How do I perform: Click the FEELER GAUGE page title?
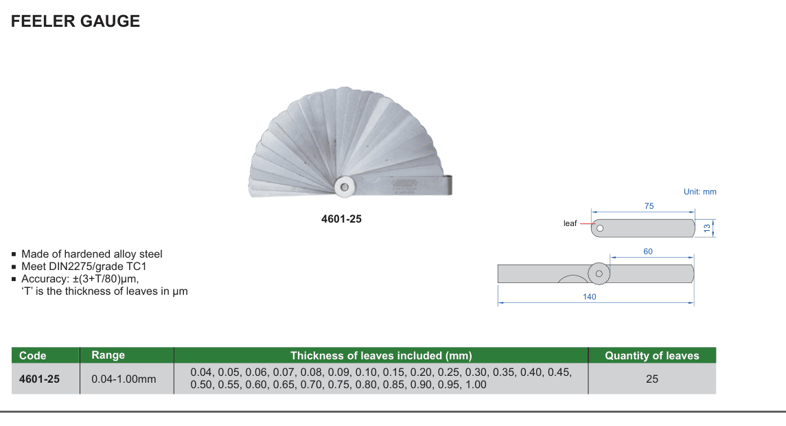pyautogui.click(x=76, y=21)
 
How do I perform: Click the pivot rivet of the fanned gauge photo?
pyautogui.click(x=345, y=187)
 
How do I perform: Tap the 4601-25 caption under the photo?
pyautogui.click(x=341, y=218)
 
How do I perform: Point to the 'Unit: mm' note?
pyautogui.click(x=700, y=192)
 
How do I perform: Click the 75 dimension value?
pyautogui.click(x=649, y=205)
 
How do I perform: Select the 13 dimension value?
pyautogui.click(x=707, y=228)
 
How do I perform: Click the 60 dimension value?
pyautogui.click(x=648, y=251)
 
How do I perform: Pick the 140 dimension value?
pyautogui.click(x=590, y=297)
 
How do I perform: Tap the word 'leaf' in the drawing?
pyautogui.click(x=570, y=223)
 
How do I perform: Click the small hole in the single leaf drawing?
pyautogui.click(x=600, y=228)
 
